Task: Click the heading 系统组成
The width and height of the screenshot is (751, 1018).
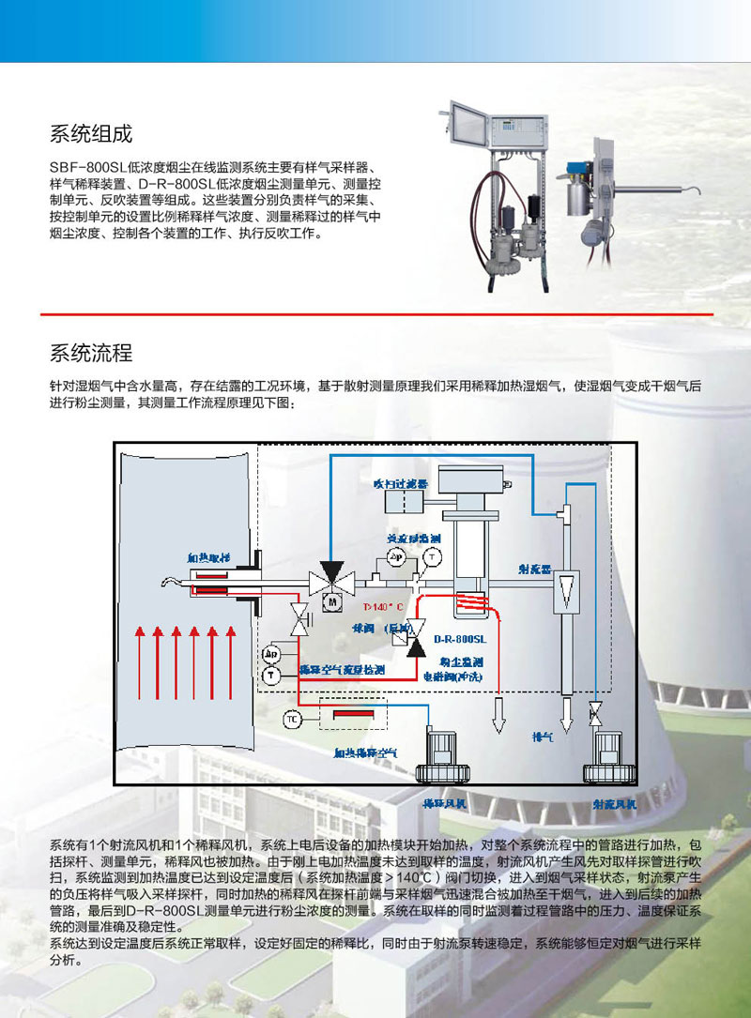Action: pos(91,133)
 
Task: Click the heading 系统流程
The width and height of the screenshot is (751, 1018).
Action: pos(91,354)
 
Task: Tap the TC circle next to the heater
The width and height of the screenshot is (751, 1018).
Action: pos(291,719)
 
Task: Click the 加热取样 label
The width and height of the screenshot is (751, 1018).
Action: pos(207,557)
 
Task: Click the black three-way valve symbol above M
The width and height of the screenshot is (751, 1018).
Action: pos(330,573)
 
